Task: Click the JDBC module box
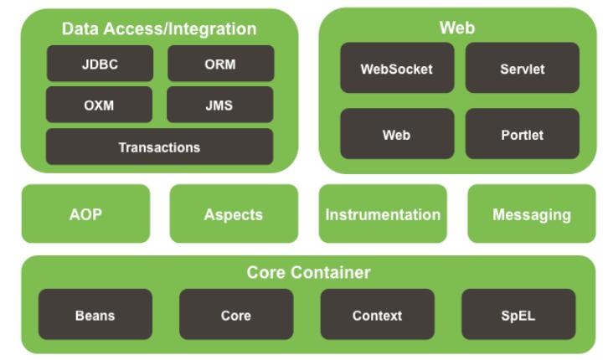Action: pos(100,64)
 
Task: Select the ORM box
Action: pos(220,64)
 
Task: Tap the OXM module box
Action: pos(100,105)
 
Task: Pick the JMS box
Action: pos(220,105)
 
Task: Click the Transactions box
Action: pos(159,147)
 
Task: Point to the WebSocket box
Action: pos(396,69)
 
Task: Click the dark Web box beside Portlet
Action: pos(396,134)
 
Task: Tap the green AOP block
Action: pos(85,213)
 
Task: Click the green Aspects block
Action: pos(233,213)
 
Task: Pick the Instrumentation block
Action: pos(383,213)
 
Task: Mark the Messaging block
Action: pos(532,213)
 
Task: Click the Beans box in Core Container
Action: pos(95,315)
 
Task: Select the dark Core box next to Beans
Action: pos(235,315)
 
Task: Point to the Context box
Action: pos(377,315)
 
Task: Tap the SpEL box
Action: pos(518,315)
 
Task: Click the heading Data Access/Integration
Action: pos(159,29)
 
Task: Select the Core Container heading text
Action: pos(308,272)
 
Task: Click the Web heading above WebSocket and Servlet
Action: pos(456,28)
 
